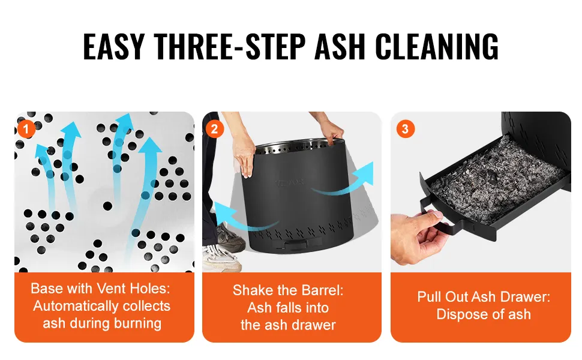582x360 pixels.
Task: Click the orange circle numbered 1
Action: click(x=26, y=129)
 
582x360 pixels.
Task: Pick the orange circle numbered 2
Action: click(x=214, y=129)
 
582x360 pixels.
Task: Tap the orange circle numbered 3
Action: click(x=405, y=129)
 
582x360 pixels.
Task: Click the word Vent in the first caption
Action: click(x=109, y=289)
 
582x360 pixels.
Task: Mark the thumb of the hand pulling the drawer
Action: click(x=431, y=218)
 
